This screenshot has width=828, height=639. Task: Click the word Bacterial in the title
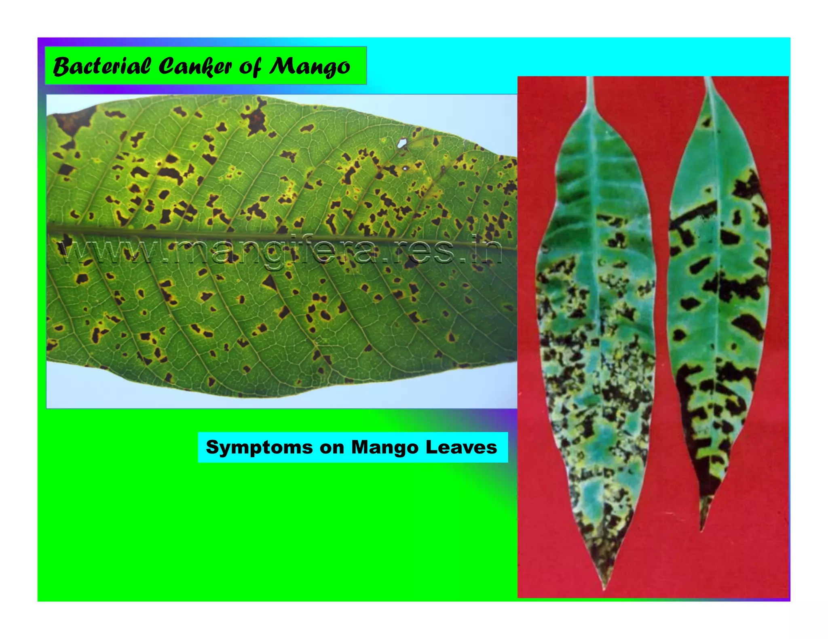(101, 66)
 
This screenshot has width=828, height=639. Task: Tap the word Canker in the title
(195, 66)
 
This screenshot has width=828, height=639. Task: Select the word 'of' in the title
(250, 67)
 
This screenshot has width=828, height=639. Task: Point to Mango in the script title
(310, 67)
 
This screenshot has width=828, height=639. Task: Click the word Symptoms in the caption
(259, 448)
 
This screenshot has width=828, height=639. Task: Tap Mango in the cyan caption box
(384, 448)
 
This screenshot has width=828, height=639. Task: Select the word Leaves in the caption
(461, 448)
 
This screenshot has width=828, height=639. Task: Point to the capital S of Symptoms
(212, 447)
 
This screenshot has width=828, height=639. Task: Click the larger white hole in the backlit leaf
(402, 143)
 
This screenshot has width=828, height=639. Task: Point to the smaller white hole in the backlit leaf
(405, 168)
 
